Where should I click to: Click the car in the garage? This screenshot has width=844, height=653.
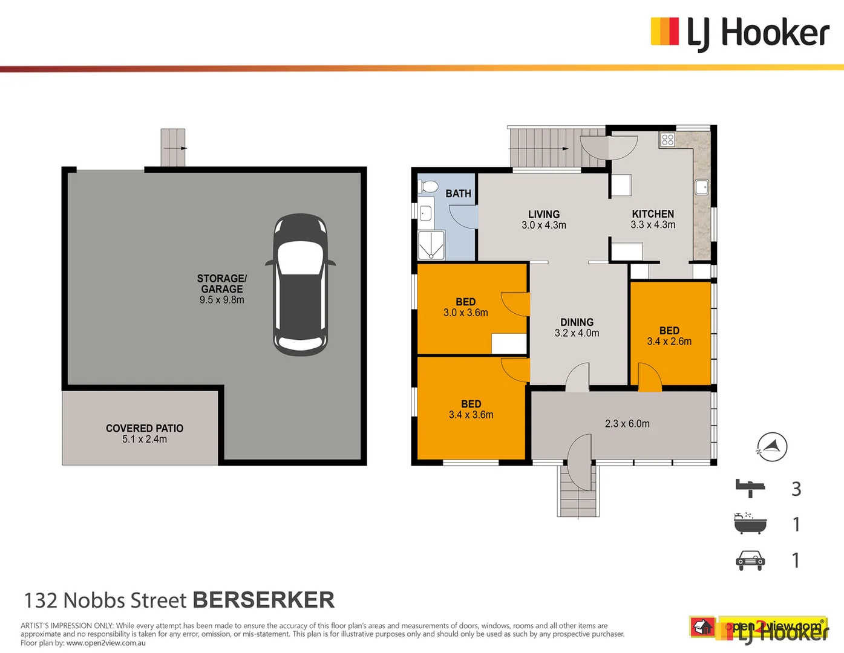click(300, 284)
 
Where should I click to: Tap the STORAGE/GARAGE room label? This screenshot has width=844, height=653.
click(222, 289)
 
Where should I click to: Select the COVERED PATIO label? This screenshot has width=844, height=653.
click(145, 433)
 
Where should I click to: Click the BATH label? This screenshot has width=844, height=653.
click(458, 193)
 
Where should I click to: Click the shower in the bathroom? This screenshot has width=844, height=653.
click(431, 245)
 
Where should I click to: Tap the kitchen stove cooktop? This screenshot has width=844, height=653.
click(667, 140)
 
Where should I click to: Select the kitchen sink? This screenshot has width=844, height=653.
click(702, 187)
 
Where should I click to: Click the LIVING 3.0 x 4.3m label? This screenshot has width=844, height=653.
click(544, 219)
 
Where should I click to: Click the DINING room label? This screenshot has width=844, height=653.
click(577, 327)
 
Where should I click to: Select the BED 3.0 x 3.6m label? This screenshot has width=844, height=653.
click(465, 307)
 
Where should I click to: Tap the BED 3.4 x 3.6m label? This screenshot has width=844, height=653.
click(471, 409)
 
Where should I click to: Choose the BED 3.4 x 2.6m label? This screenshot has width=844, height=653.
click(669, 336)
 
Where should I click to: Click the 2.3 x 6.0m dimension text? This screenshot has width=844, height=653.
click(627, 424)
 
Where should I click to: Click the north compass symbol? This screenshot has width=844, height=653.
click(772, 447)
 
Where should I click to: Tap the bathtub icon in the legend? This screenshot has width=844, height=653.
click(750, 524)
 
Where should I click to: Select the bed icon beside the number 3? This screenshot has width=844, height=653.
click(750, 487)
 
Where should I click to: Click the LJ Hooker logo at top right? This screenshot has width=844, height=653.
click(739, 33)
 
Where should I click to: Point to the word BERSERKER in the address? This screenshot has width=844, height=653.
click(263, 600)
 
